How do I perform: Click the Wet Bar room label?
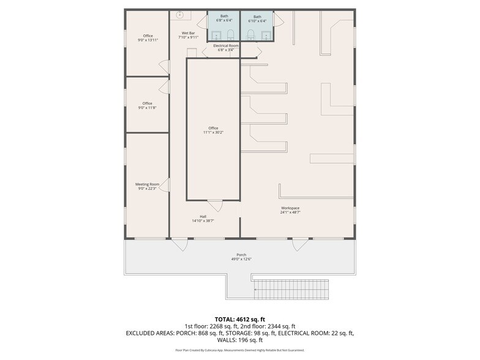pyautogui.click(x=188, y=35)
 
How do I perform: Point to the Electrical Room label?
pyautogui.click(x=226, y=48)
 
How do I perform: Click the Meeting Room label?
pyautogui.click(x=147, y=186)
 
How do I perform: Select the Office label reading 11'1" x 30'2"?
pyautogui.click(x=213, y=130)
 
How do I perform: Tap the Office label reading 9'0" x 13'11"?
pyautogui.click(x=148, y=38)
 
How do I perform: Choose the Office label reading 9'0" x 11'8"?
pyautogui.click(x=148, y=105)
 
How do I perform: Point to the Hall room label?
pyautogui.click(x=203, y=218)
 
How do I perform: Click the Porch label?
pyautogui.click(x=241, y=257)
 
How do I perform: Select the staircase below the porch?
pyautogui.click(x=291, y=288)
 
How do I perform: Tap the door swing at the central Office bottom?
pyautogui.click(x=215, y=206)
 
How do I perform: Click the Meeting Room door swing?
pyautogui.click(x=165, y=185)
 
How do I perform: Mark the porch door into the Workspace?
pyautogui.click(x=300, y=244)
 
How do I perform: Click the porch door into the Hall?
pyautogui.click(x=179, y=244)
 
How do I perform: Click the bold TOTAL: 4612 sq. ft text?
pyautogui.click(x=240, y=319)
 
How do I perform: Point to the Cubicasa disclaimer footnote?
pyautogui.click(x=240, y=350)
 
